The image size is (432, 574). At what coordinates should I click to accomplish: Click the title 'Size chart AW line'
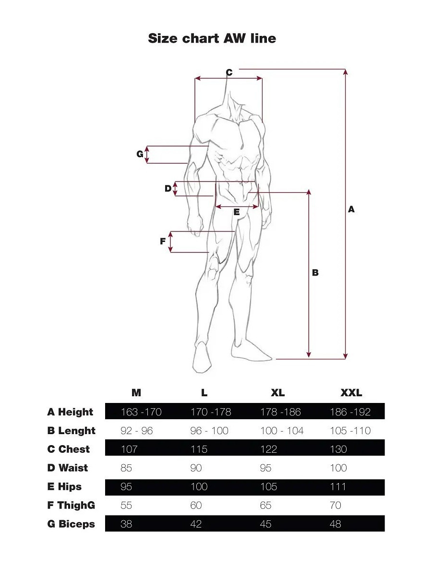click(x=212, y=38)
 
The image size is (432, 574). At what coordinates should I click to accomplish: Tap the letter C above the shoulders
click(x=229, y=72)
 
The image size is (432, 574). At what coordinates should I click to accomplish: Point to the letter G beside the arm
click(x=140, y=154)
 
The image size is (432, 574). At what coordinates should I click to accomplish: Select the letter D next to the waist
click(x=168, y=188)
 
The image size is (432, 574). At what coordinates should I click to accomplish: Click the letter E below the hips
click(x=237, y=212)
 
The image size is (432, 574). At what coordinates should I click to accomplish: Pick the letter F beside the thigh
click(x=163, y=241)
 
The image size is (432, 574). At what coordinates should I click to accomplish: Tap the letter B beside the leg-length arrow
click(x=315, y=273)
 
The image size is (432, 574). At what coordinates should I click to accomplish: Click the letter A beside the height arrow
click(x=351, y=209)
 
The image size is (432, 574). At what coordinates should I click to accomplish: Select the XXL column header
click(x=351, y=393)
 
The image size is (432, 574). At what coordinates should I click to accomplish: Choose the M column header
click(x=136, y=393)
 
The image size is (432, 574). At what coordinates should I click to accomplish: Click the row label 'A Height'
click(x=70, y=412)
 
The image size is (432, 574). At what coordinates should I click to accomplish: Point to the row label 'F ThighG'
click(x=71, y=505)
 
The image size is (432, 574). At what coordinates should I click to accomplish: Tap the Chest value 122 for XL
click(x=268, y=449)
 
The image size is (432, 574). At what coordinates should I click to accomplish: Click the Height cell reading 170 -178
click(x=211, y=412)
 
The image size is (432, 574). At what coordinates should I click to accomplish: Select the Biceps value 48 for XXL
click(x=336, y=524)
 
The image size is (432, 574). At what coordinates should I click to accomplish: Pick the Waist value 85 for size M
click(x=126, y=468)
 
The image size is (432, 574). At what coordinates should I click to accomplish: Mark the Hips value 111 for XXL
click(x=338, y=486)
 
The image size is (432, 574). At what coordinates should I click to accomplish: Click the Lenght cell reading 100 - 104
click(x=282, y=430)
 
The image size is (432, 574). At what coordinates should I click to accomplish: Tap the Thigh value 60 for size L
click(x=196, y=505)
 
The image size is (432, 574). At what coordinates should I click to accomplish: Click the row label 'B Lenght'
click(x=71, y=430)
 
